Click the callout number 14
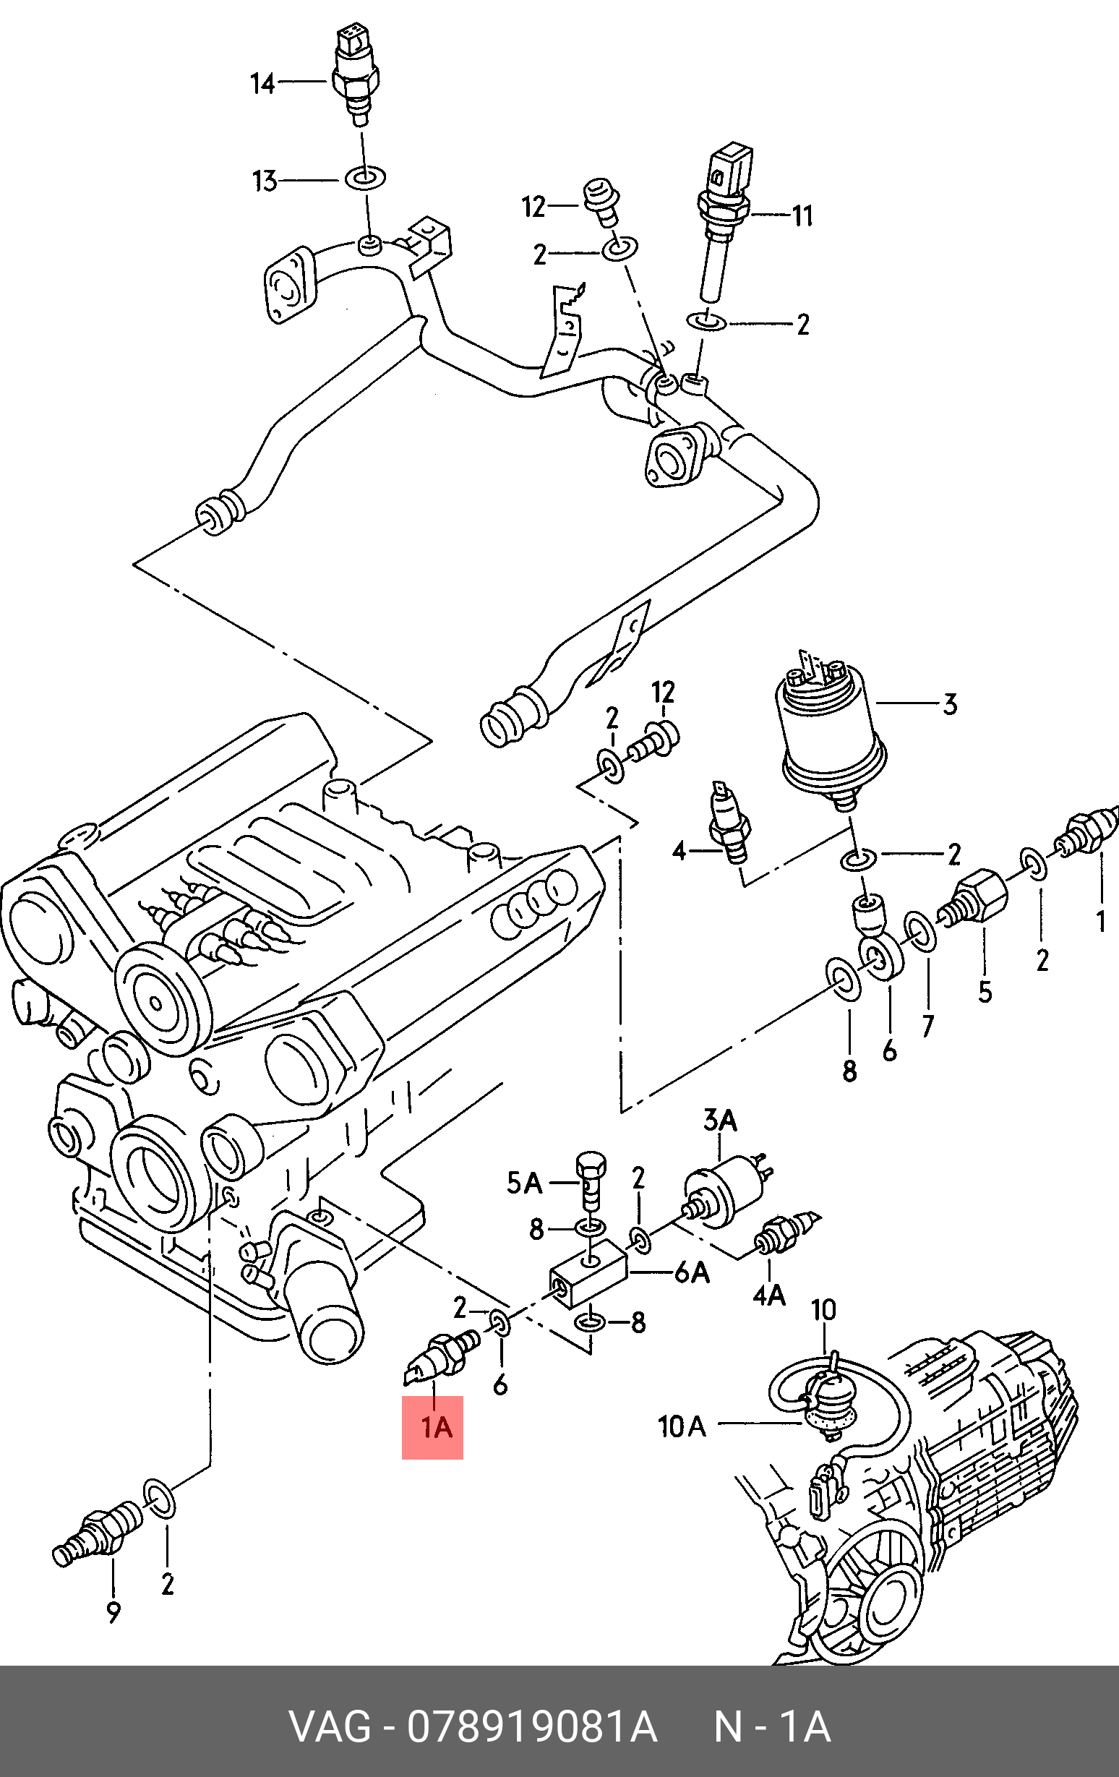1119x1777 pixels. click(262, 84)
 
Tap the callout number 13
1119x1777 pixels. click(264, 181)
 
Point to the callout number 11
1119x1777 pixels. click(802, 215)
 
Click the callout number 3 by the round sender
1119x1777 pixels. click(950, 704)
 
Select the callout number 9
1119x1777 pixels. click(113, 1613)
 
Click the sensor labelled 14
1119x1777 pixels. click(357, 74)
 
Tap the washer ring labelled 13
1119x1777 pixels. click(364, 179)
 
